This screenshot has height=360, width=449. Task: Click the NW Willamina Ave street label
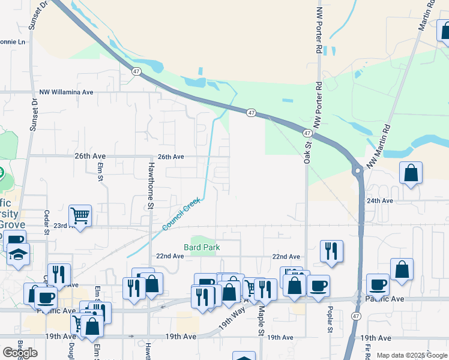tap(67, 92)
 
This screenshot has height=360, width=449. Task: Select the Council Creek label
tap(181, 215)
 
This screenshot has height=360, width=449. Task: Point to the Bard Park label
tap(202, 247)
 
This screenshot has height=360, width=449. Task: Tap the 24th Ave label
tap(380, 201)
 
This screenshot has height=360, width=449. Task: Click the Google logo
tap(20, 353)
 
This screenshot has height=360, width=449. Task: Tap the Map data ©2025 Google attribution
tap(412, 355)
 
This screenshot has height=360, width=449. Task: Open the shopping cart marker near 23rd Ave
tap(80, 214)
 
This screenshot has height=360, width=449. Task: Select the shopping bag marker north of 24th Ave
tap(411, 173)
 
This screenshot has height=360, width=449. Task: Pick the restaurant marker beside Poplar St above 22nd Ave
tap(331, 251)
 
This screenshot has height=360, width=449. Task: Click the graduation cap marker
tap(19, 254)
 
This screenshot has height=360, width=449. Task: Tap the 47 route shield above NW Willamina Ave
tap(137, 71)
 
